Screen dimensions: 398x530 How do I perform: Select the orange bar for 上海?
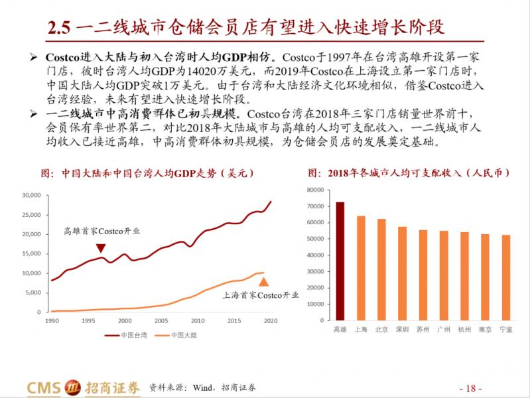(x=361, y=268)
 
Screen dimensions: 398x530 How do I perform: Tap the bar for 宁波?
(x=506, y=277)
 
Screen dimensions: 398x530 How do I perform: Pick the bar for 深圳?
(x=402, y=273)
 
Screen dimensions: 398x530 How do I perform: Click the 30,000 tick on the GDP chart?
(x=33, y=196)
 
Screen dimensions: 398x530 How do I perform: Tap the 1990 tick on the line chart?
(x=52, y=320)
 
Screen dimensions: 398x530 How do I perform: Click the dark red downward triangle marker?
(x=100, y=248)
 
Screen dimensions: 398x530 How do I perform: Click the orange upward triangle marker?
(x=263, y=281)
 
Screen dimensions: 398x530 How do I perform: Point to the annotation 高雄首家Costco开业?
(x=101, y=232)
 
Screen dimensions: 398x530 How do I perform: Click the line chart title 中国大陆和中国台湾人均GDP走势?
(x=149, y=173)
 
